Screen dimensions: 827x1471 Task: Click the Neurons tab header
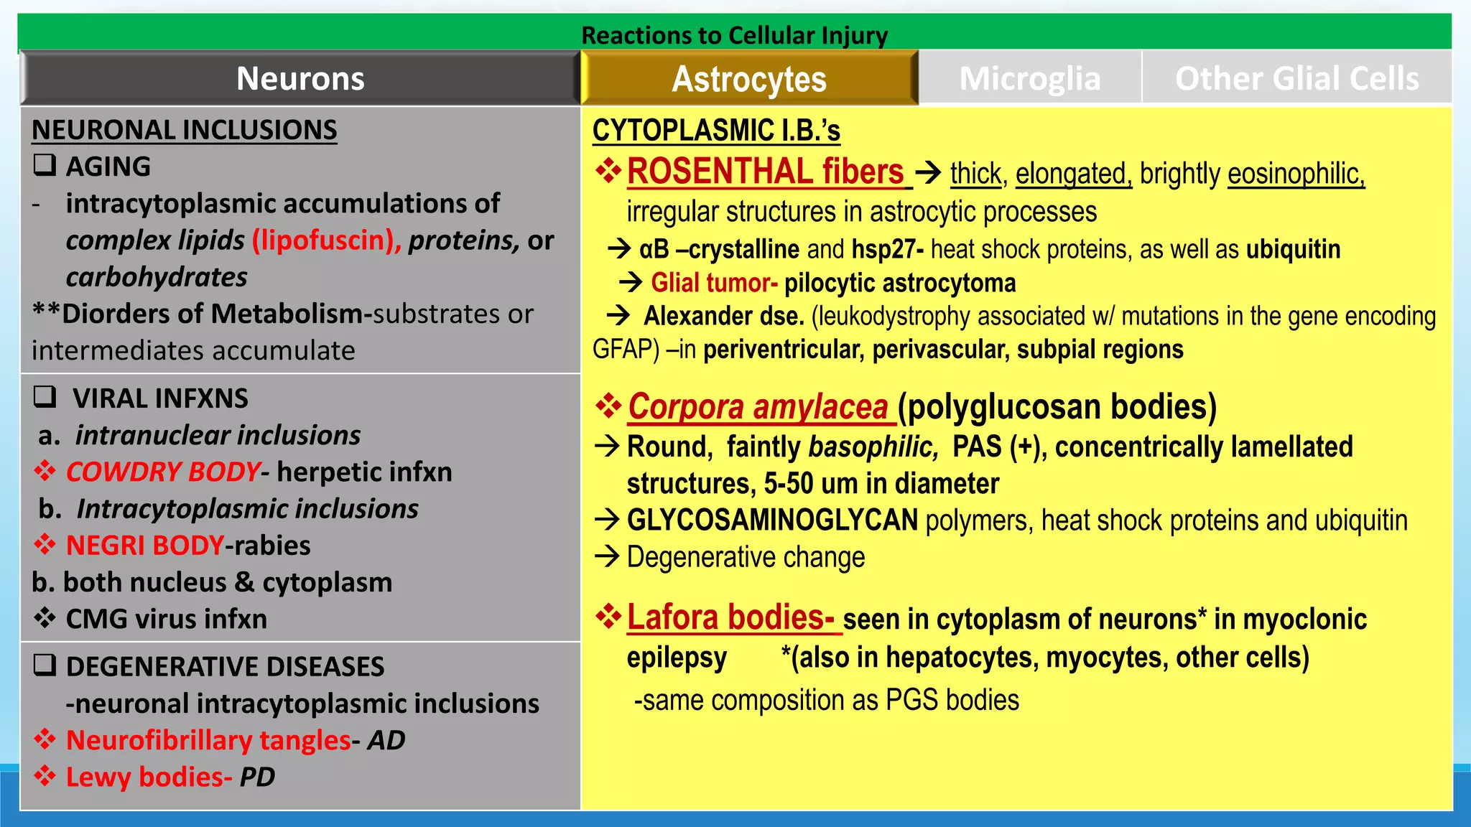click(300, 78)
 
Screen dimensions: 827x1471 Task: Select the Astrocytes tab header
click(749, 79)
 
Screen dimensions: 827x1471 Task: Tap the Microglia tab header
click(1030, 78)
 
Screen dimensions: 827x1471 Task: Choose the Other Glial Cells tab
click(1296, 78)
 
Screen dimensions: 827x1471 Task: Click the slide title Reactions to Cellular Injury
click(734, 35)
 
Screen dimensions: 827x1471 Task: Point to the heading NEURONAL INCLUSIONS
click(185, 130)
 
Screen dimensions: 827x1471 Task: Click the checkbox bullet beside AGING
click(45, 166)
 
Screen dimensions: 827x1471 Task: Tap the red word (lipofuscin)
click(326, 240)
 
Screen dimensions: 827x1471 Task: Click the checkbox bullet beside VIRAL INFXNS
click(45, 397)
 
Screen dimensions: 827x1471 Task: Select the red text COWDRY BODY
click(163, 472)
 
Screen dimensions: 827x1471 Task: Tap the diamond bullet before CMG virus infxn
click(45, 618)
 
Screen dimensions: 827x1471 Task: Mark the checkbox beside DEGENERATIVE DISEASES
click(45, 665)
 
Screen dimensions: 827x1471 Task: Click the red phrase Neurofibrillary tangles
click(208, 740)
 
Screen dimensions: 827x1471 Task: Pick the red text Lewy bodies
click(149, 777)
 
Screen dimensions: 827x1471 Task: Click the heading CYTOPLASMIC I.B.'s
click(716, 131)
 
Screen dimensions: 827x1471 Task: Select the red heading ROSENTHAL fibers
click(766, 172)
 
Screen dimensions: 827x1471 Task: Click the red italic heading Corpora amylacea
click(758, 407)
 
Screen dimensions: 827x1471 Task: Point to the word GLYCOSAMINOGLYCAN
click(772, 520)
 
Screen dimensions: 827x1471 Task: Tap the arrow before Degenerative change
click(608, 556)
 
